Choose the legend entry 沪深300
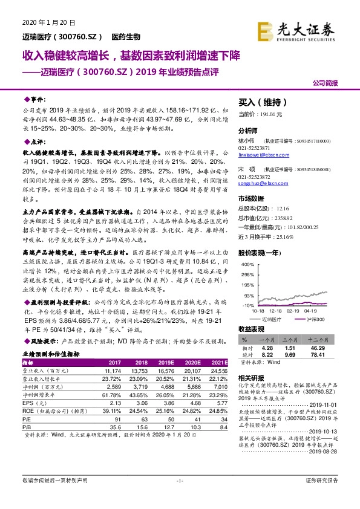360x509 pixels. tap(316, 318)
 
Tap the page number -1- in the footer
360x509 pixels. tap(180, 497)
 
